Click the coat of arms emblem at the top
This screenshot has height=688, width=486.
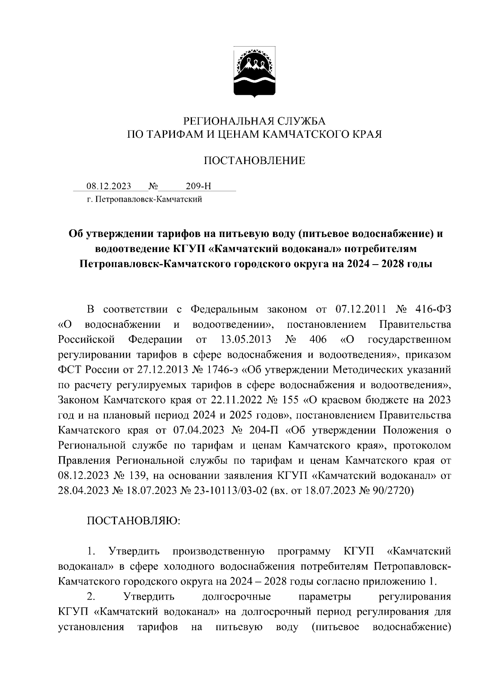coord(254,73)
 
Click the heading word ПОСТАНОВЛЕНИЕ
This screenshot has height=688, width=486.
coord(254,161)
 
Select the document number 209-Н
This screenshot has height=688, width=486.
coord(198,186)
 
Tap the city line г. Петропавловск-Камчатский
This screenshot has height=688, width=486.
coord(144,199)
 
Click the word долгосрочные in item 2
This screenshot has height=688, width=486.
coord(236,597)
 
